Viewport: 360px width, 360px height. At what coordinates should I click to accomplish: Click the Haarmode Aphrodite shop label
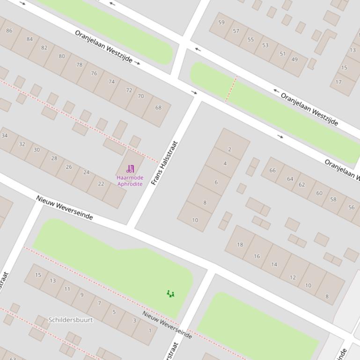(x=130, y=181)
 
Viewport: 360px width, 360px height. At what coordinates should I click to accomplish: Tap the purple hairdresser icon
(x=130, y=169)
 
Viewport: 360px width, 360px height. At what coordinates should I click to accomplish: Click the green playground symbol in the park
(x=170, y=294)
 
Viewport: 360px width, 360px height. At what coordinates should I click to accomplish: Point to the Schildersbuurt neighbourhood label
(x=71, y=320)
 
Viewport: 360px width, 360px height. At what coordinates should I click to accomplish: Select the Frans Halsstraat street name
(x=165, y=163)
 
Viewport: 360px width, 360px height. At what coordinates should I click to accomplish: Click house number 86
(x=9, y=30)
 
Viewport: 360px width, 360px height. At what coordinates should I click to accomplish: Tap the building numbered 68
(x=158, y=108)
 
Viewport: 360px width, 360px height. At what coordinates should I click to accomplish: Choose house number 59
(x=221, y=22)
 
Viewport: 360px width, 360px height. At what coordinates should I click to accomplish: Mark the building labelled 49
(x=294, y=59)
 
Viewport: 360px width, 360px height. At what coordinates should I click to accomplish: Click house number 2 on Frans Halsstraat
(x=229, y=149)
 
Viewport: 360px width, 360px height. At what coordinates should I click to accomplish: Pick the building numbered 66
(x=272, y=170)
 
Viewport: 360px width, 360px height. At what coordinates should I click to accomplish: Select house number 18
(x=240, y=245)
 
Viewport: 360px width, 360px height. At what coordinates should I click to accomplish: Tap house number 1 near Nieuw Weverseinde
(x=150, y=331)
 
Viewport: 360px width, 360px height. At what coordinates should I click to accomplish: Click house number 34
(x=5, y=136)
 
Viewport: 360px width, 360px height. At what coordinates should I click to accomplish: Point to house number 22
(x=101, y=184)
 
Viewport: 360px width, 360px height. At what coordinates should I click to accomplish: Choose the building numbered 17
(x=338, y=82)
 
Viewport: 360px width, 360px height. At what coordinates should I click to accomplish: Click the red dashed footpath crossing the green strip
(x=231, y=88)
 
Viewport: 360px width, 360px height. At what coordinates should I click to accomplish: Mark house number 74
(x=111, y=81)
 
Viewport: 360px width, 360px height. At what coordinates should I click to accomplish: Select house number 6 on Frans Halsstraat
(x=216, y=182)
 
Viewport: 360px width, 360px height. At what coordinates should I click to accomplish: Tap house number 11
(x=67, y=289)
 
